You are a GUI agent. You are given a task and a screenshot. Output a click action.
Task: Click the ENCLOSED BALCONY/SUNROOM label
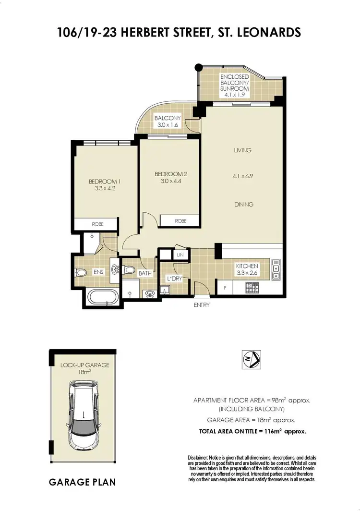(x=234, y=85)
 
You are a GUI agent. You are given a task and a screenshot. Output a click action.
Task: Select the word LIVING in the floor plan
(x=242, y=150)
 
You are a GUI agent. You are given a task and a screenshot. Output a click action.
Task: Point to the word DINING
(x=243, y=205)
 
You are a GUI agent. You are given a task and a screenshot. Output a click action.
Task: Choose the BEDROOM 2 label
(x=169, y=177)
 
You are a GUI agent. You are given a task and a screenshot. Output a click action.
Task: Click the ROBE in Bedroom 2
(x=180, y=221)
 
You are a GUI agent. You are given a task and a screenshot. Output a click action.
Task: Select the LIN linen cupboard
(x=180, y=255)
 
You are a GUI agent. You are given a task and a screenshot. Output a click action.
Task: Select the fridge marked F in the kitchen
(x=225, y=288)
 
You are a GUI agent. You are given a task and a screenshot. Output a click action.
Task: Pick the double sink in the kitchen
(x=276, y=269)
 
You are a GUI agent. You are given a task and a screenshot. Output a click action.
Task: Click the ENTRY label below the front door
(x=201, y=305)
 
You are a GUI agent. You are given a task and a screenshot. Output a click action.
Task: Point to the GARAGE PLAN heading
(x=82, y=482)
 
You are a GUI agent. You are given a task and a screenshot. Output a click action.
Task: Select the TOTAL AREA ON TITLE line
(x=252, y=431)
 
